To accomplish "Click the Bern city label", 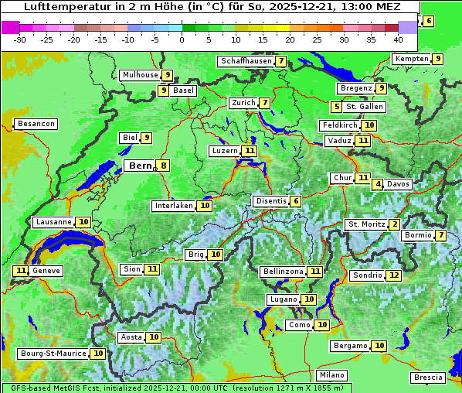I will [140, 166].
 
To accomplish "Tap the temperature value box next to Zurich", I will [265, 103].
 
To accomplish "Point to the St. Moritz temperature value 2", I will [395, 224].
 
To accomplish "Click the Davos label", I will [398, 184].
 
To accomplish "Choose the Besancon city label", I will [36, 124].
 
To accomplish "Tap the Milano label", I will [332, 375].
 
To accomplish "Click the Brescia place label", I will [428, 378].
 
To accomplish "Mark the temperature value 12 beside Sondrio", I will [394, 275].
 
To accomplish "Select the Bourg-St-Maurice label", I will [53, 354].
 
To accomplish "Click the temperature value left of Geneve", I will [21, 271].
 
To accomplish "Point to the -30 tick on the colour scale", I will [20, 39].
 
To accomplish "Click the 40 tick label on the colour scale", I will [398, 39].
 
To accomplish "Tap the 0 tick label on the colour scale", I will [182, 39].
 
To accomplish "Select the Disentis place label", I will [271, 201].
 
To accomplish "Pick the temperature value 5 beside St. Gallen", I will [336, 107].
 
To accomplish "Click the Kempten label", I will [411, 59].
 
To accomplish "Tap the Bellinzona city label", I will [282, 272].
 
